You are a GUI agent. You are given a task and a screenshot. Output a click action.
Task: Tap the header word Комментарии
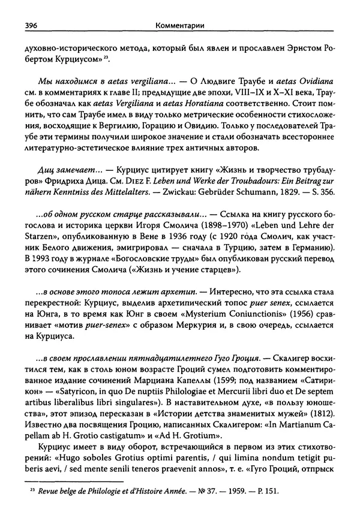click(179, 26)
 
